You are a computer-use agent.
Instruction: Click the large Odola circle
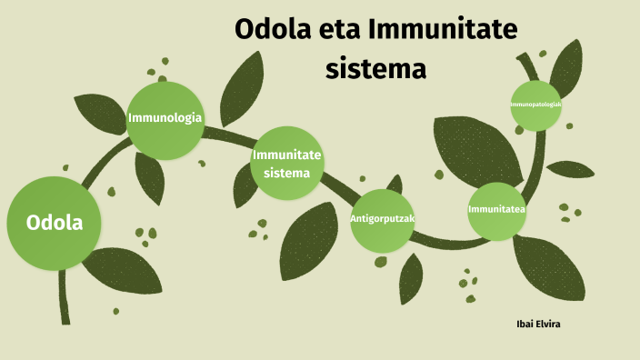coord(53,223)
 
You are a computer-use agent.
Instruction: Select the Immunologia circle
coord(165,119)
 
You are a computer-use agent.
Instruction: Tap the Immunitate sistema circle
coord(287,164)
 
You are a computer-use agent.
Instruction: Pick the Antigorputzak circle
coord(382,219)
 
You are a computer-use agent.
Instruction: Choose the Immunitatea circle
coord(497,211)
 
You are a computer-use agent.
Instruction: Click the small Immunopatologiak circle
coord(535,105)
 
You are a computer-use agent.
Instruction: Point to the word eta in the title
coord(340,29)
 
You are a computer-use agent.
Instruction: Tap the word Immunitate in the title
coord(444,29)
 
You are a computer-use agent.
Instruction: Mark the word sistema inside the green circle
coord(287,173)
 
